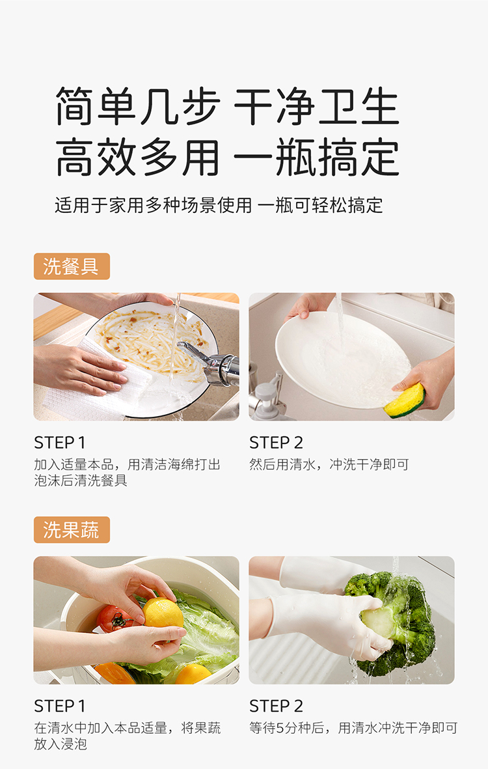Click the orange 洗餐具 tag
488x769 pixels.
click(x=72, y=266)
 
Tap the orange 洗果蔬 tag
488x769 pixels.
click(x=72, y=529)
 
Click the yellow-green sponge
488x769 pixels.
click(x=404, y=400)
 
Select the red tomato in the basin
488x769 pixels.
click(x=114, y=619)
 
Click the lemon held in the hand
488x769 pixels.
click(x=163, y=613)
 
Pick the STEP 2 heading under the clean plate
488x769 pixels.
click(x=277, y=443)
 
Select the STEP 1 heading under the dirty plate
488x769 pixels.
click(x=60, y=443)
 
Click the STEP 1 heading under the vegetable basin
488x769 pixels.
click(x=60, y=706)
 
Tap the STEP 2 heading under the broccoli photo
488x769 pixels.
click(x=277, y=706)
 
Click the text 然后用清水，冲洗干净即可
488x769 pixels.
click(x=329, y=464)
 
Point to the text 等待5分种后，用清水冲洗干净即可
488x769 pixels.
click(x=353, y=728)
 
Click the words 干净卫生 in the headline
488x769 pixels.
click(x=316, y=106)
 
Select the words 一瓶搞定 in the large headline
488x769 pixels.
click(x=316, y=158)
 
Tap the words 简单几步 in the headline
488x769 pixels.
click(x=138, y=106)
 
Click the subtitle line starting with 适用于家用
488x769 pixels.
click(x=219, y=205)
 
